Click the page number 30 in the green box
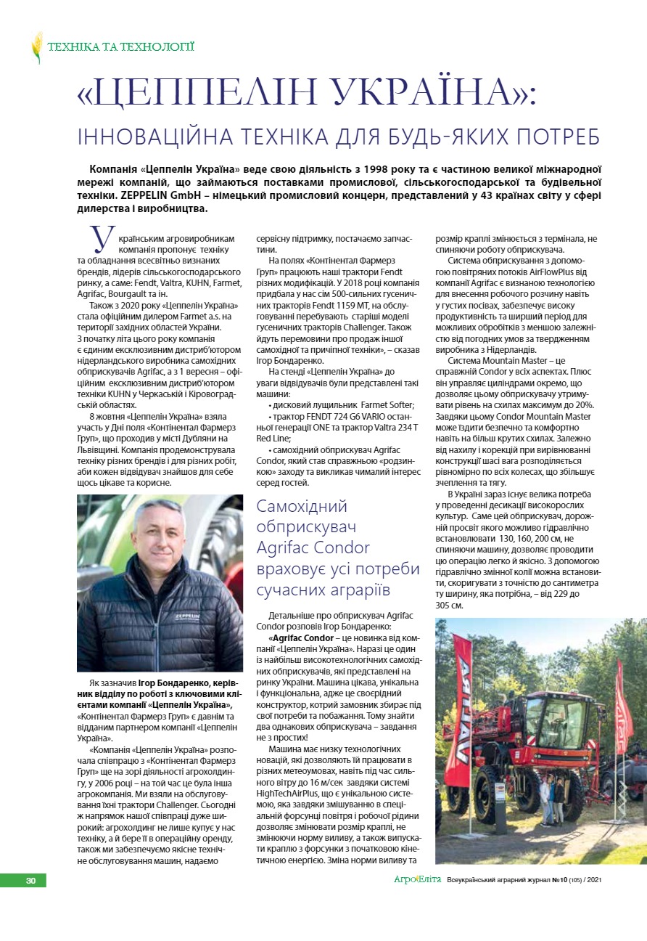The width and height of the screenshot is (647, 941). pos(30,881)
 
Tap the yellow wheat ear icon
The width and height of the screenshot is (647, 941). pos(36,47)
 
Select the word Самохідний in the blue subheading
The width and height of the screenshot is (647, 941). pos(302,506)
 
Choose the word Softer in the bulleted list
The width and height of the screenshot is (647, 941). pos(399,404)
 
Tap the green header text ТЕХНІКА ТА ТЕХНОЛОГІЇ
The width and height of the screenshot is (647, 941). pos(120,47)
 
